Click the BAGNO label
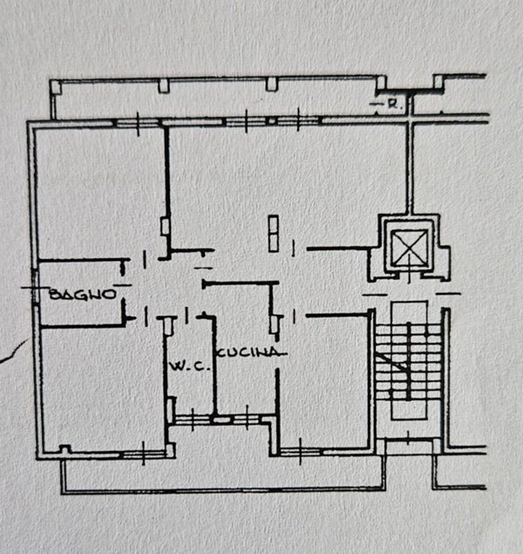click(x=83, y=294)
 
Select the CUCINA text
click(x=250, y=352)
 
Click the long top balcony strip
click(x=218, y=98)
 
